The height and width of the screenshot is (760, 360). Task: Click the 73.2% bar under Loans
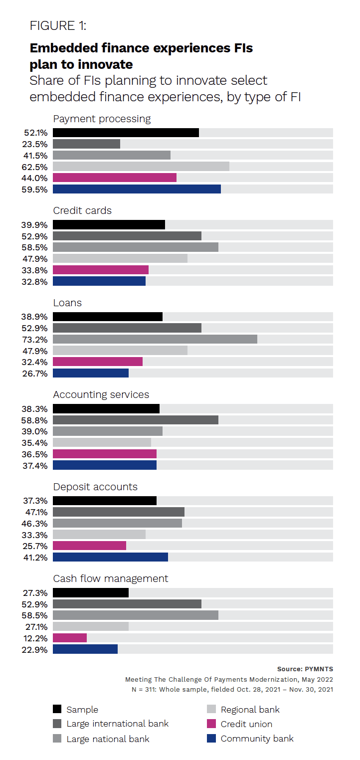coord(155,339)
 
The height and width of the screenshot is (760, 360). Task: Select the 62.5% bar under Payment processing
coord(141,167)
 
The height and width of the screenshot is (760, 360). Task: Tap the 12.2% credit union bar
coord(70,638)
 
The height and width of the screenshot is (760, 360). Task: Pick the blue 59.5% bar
coord(137,190)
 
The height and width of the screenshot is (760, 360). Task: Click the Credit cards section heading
coord(82,211)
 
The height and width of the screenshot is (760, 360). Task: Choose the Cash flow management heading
coord(111,578)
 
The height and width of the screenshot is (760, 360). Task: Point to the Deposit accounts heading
coord(95,487)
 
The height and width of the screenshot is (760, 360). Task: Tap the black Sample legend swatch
coord(57,710)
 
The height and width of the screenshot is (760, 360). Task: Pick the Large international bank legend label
coord(118,724)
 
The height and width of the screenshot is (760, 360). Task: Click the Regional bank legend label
coord(250,710)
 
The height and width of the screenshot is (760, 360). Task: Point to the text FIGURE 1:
coord(58,26)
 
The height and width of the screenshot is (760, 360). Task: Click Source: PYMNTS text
coord(305,669)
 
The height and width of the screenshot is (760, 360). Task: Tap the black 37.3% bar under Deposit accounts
coord(104,501)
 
